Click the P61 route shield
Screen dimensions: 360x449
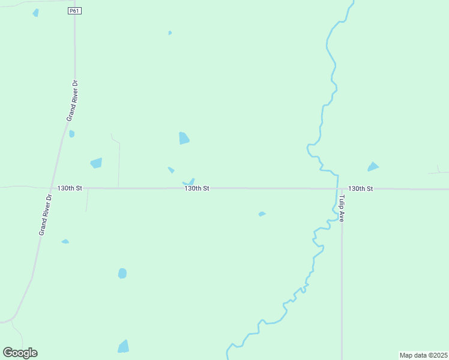74,11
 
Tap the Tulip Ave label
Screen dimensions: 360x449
341,208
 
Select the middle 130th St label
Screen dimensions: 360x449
196,188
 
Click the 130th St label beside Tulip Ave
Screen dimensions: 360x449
361,188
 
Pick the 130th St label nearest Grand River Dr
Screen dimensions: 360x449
70,188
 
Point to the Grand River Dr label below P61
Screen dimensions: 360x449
71,100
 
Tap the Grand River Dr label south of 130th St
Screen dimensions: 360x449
45,214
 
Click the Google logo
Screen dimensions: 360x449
20,353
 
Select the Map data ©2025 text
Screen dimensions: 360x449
423,355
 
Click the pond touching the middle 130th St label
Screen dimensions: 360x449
190,182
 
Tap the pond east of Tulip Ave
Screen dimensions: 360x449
373,167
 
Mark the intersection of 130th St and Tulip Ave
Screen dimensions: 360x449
342,188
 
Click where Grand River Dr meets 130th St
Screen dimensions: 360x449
52,188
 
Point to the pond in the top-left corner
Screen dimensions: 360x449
36,13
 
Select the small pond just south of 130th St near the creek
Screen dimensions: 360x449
262,214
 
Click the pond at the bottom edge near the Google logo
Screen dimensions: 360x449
123,347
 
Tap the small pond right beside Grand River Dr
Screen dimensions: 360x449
71,134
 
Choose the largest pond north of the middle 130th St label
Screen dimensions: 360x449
184,139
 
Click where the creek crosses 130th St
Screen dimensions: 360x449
336,188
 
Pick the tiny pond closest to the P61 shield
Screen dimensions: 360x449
170,33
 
